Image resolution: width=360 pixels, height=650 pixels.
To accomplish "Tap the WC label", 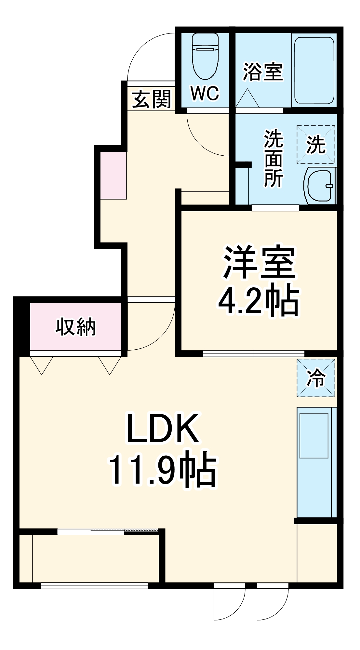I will [x=205, y=94].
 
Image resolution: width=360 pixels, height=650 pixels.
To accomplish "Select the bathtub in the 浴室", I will [x=314, y=70].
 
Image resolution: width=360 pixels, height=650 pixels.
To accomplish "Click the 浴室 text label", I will [x=263, y=72].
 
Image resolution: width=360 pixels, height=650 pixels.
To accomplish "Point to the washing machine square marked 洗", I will [x=316, y=144].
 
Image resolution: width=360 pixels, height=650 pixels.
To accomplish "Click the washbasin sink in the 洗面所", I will [x=320, y=186].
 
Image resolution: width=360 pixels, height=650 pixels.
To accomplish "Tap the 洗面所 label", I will [x=273, y=159].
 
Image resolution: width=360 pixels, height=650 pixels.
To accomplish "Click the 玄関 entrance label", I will [x=152, y=99].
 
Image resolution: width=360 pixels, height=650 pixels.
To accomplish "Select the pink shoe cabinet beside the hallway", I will [x=113, y=175].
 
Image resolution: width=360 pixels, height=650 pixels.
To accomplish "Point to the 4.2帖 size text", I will [x=258, y=300].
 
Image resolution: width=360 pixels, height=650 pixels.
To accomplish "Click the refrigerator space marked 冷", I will [x=316, y=378].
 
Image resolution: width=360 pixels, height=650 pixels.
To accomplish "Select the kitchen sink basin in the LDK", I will [x=314, y=436].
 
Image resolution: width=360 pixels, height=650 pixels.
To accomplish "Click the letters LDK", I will [x=163, y=428].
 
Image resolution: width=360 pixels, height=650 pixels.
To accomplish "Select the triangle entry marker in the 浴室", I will [x=247, y=99].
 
